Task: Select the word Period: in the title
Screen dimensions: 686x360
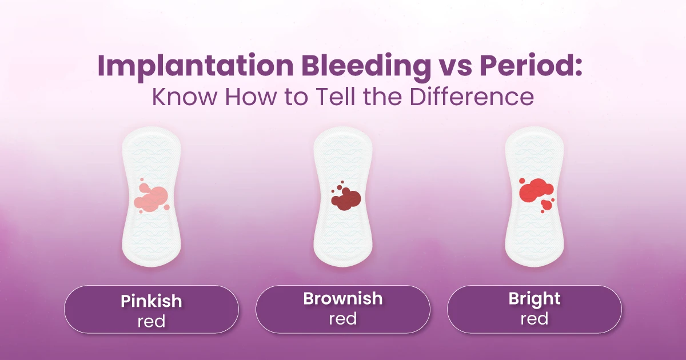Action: tap(531, 65)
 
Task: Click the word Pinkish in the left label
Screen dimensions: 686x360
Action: tap(151, 301)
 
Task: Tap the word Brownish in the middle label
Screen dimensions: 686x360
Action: tap(343, 298)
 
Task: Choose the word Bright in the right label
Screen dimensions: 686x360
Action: tap(535, 299)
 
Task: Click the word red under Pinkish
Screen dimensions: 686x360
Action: tap(151, 321)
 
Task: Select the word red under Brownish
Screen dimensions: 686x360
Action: tap(343, 319)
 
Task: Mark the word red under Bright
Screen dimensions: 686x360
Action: tap(535, 319)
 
